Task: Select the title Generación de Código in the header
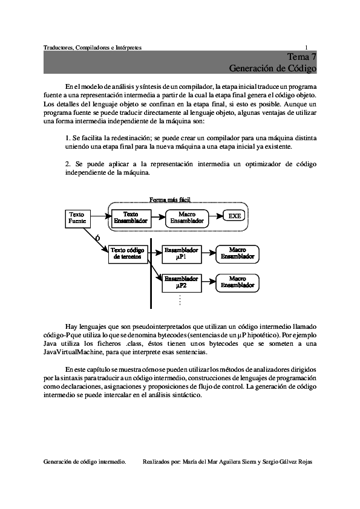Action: (273, 68)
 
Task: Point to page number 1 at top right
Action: (306, 48)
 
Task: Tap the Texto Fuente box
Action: (77, 218)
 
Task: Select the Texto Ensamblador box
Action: (130, 218)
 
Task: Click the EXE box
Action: (234, 216)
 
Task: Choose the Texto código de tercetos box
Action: (128, 253)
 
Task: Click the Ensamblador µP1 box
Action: (181, 253)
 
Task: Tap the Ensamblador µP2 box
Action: (181, 282)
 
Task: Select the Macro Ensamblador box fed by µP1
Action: (237, 253)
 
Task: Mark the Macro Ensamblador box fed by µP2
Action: (237, 282)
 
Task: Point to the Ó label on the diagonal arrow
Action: (97, 238)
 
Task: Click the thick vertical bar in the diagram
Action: (151, 272)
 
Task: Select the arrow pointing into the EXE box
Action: (215, 216)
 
